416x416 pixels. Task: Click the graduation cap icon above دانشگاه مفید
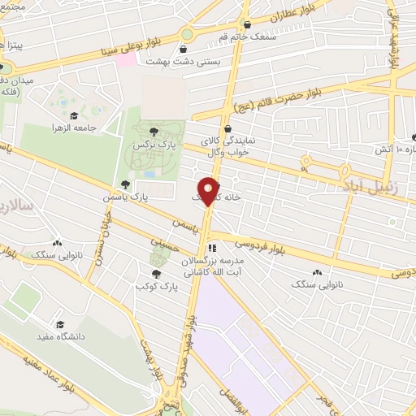click(x=58, y=323)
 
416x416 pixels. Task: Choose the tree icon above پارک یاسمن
click(x=124, y=184)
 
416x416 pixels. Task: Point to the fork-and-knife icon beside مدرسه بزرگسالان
click(x=212, y=248)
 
